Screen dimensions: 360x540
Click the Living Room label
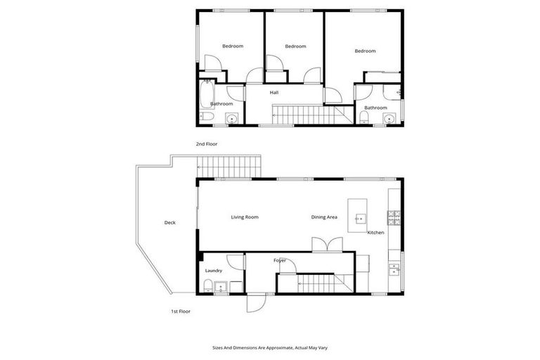tap(245, 217)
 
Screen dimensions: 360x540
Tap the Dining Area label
tap(324, 217)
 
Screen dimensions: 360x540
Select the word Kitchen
tap(375, 233)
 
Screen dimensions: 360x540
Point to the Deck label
tap(170, 223)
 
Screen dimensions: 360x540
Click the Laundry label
tap(214, 271)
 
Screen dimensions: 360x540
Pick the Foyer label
tap(280, 261)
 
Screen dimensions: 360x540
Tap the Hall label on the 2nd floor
tap(275, 92)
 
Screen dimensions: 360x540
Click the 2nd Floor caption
tap(207, 144)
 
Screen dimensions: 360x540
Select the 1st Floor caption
tap(181, 311)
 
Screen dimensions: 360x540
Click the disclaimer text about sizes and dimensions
tap(269, 347)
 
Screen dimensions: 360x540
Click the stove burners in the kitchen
tap(394, 215)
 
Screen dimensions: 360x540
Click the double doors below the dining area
tap(324, 243)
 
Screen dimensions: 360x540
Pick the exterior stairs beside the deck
tap(229, 165)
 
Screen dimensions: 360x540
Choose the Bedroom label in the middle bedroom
tap(295, 46)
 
